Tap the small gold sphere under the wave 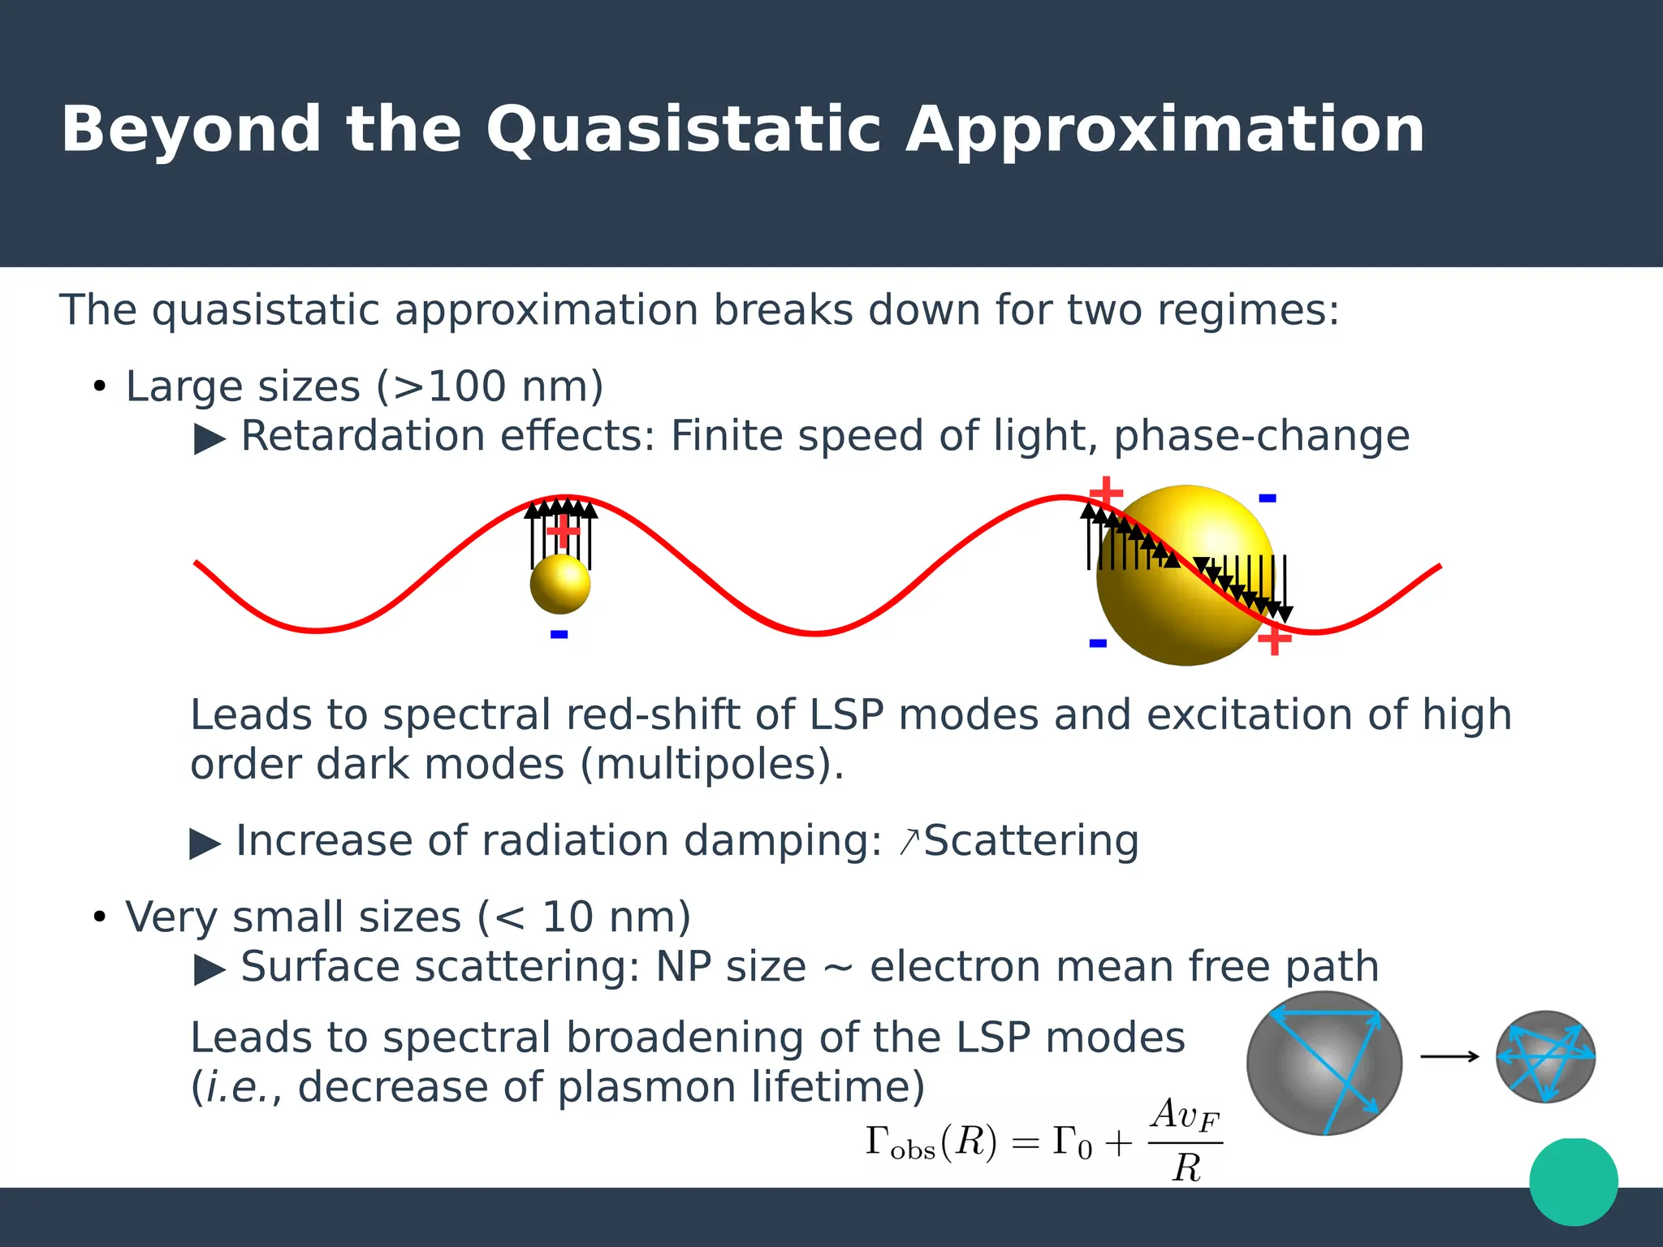[x=560, y=584]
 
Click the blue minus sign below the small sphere [x=559, y=634]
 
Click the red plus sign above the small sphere [x=562, y=532]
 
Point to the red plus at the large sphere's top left [x=1106, y=492]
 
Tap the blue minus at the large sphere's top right [x=1268, y=498]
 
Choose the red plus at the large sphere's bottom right [x=1274, y=640]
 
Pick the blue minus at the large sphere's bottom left [x=1098, y=643]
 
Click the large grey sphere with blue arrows [x=1324, y=1064]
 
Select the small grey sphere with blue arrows [x=1545, y=1056]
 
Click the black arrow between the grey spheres [x=1450, y=1056]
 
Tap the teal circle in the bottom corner [x=1573, y=1182]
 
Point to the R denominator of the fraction [x=1186, y=1168]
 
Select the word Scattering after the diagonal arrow [x=1031, y=840]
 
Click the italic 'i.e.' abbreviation [x=235, y=1087]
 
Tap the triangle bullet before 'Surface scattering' [x=209, y=969]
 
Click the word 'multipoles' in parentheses [x=706, y=764]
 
